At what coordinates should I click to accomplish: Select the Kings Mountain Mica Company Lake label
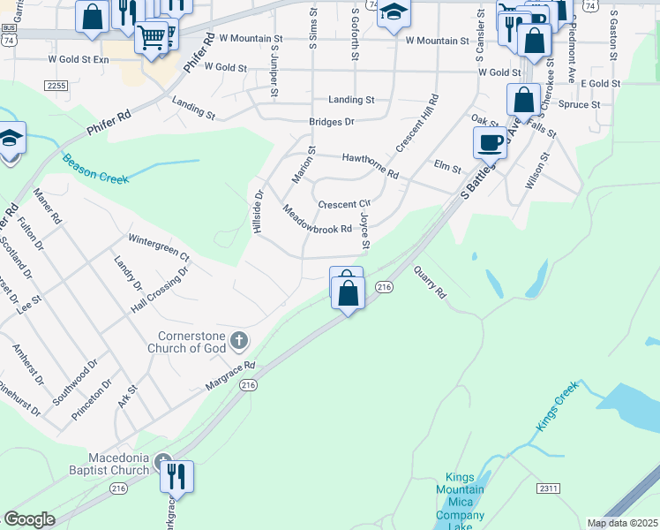(460, 502)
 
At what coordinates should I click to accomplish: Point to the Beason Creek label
(95, 168)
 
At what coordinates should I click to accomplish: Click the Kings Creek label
(557, 406)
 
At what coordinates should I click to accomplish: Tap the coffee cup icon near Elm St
(490, 141)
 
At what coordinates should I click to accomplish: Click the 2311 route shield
(549, 488)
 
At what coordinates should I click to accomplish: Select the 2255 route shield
(56, 85)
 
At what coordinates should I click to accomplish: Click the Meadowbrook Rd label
(317, 222)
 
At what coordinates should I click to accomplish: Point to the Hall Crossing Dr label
(159, 289)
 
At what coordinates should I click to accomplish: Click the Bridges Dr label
(331, 122)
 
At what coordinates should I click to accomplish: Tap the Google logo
(30, 520)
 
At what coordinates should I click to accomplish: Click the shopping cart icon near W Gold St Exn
(152, 36)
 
